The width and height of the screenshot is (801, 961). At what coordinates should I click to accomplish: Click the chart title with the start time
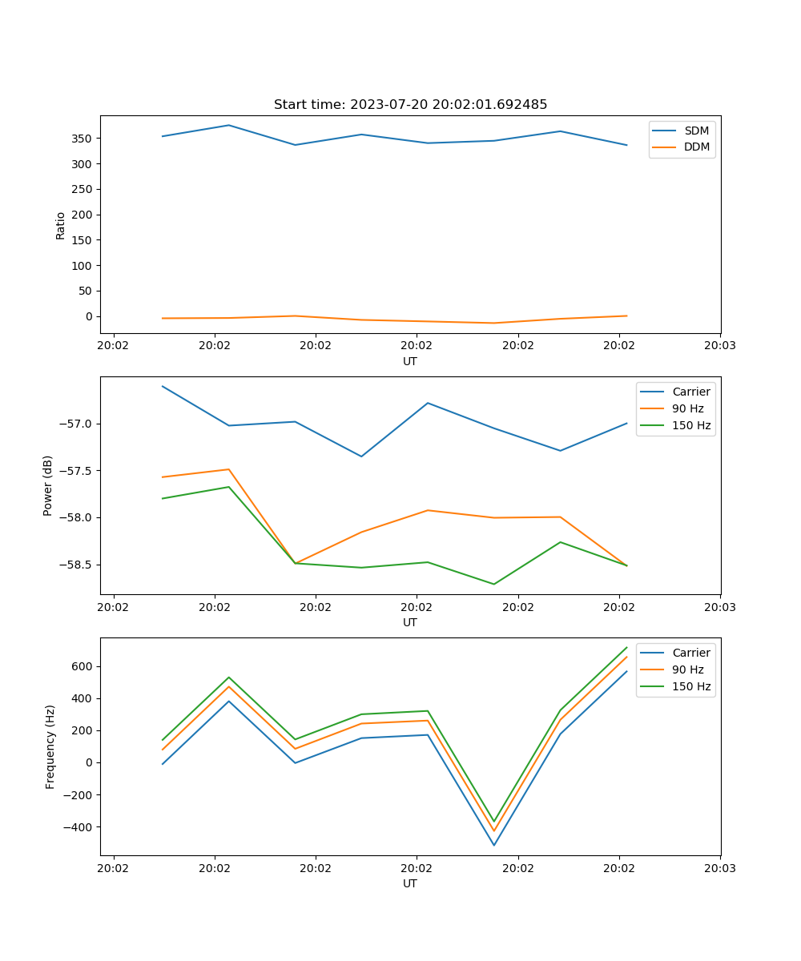coord(410,105)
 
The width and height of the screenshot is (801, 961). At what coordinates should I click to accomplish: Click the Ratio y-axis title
coord(60,225)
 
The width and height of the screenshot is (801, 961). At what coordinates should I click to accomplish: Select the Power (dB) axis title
coord(48,485)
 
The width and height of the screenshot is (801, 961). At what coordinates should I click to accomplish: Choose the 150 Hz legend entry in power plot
coord(691,425)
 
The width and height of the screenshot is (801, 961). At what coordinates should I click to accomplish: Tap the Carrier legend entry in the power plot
coord(691,392)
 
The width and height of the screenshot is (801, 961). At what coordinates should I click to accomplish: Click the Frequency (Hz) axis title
coord(50,746)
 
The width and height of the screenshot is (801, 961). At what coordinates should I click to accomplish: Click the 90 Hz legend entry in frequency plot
coord(688,669)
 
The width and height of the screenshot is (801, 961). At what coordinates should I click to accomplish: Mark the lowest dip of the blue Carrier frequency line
coord(493,845)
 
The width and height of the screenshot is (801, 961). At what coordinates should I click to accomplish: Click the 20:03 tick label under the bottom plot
coord(719,867)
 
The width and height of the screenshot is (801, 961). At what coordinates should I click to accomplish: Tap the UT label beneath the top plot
coord(410,361)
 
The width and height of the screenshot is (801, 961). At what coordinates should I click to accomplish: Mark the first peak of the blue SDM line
coord(229,125)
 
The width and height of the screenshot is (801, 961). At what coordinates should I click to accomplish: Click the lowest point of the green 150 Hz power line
coord(493,584)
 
